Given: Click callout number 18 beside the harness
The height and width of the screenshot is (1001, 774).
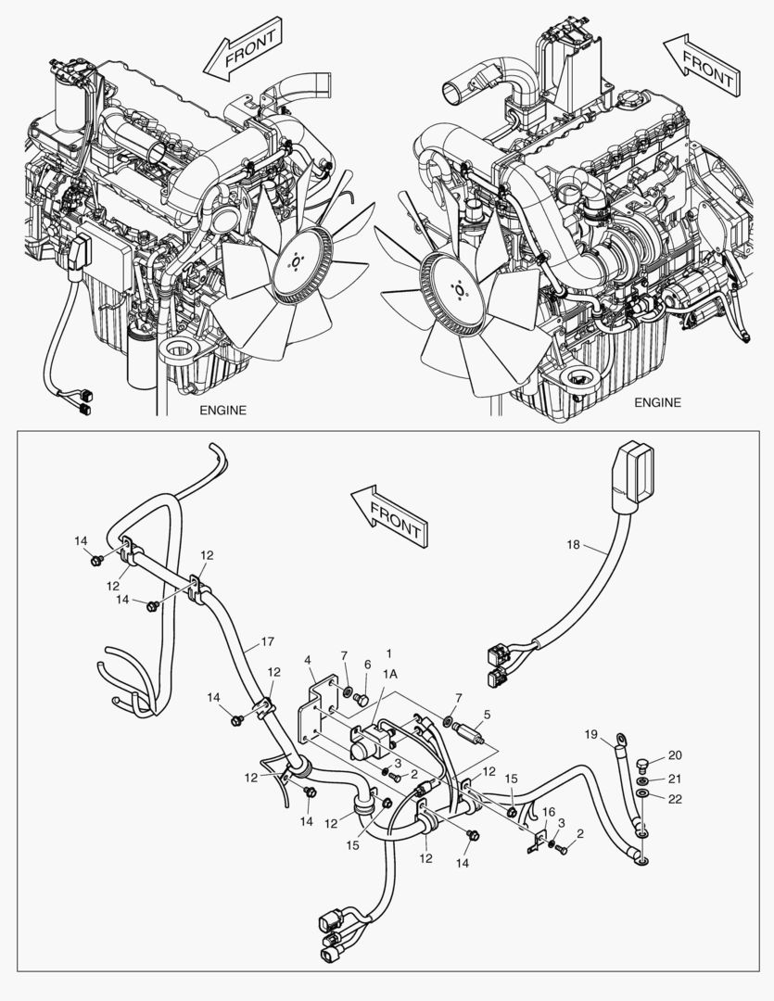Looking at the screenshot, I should tap(573, 545).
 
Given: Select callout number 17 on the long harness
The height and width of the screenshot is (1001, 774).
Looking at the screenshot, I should tap(267, 640).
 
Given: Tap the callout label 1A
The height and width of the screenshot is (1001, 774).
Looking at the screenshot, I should tap(391, 676).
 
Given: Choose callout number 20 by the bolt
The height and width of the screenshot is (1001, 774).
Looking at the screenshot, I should tap(366, 665).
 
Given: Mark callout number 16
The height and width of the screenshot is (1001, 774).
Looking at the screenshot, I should tap(548, 812).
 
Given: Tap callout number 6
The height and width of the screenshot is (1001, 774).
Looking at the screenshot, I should tap(366, 665).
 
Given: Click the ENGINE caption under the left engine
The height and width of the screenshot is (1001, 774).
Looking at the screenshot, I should tap(223, 410).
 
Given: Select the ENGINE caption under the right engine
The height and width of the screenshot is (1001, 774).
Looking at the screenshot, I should tap(657, 402).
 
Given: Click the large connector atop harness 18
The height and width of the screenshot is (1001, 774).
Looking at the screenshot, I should tap(633, 471).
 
